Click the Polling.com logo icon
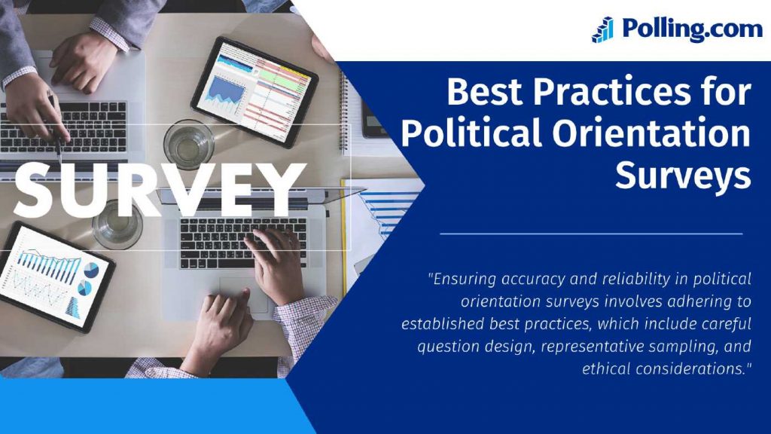click(603, 29)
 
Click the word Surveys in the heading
click(682, 175)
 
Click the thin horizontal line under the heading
click(591, 234)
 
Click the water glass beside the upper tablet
click(189, 143)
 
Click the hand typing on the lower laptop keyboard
click(276, 264)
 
